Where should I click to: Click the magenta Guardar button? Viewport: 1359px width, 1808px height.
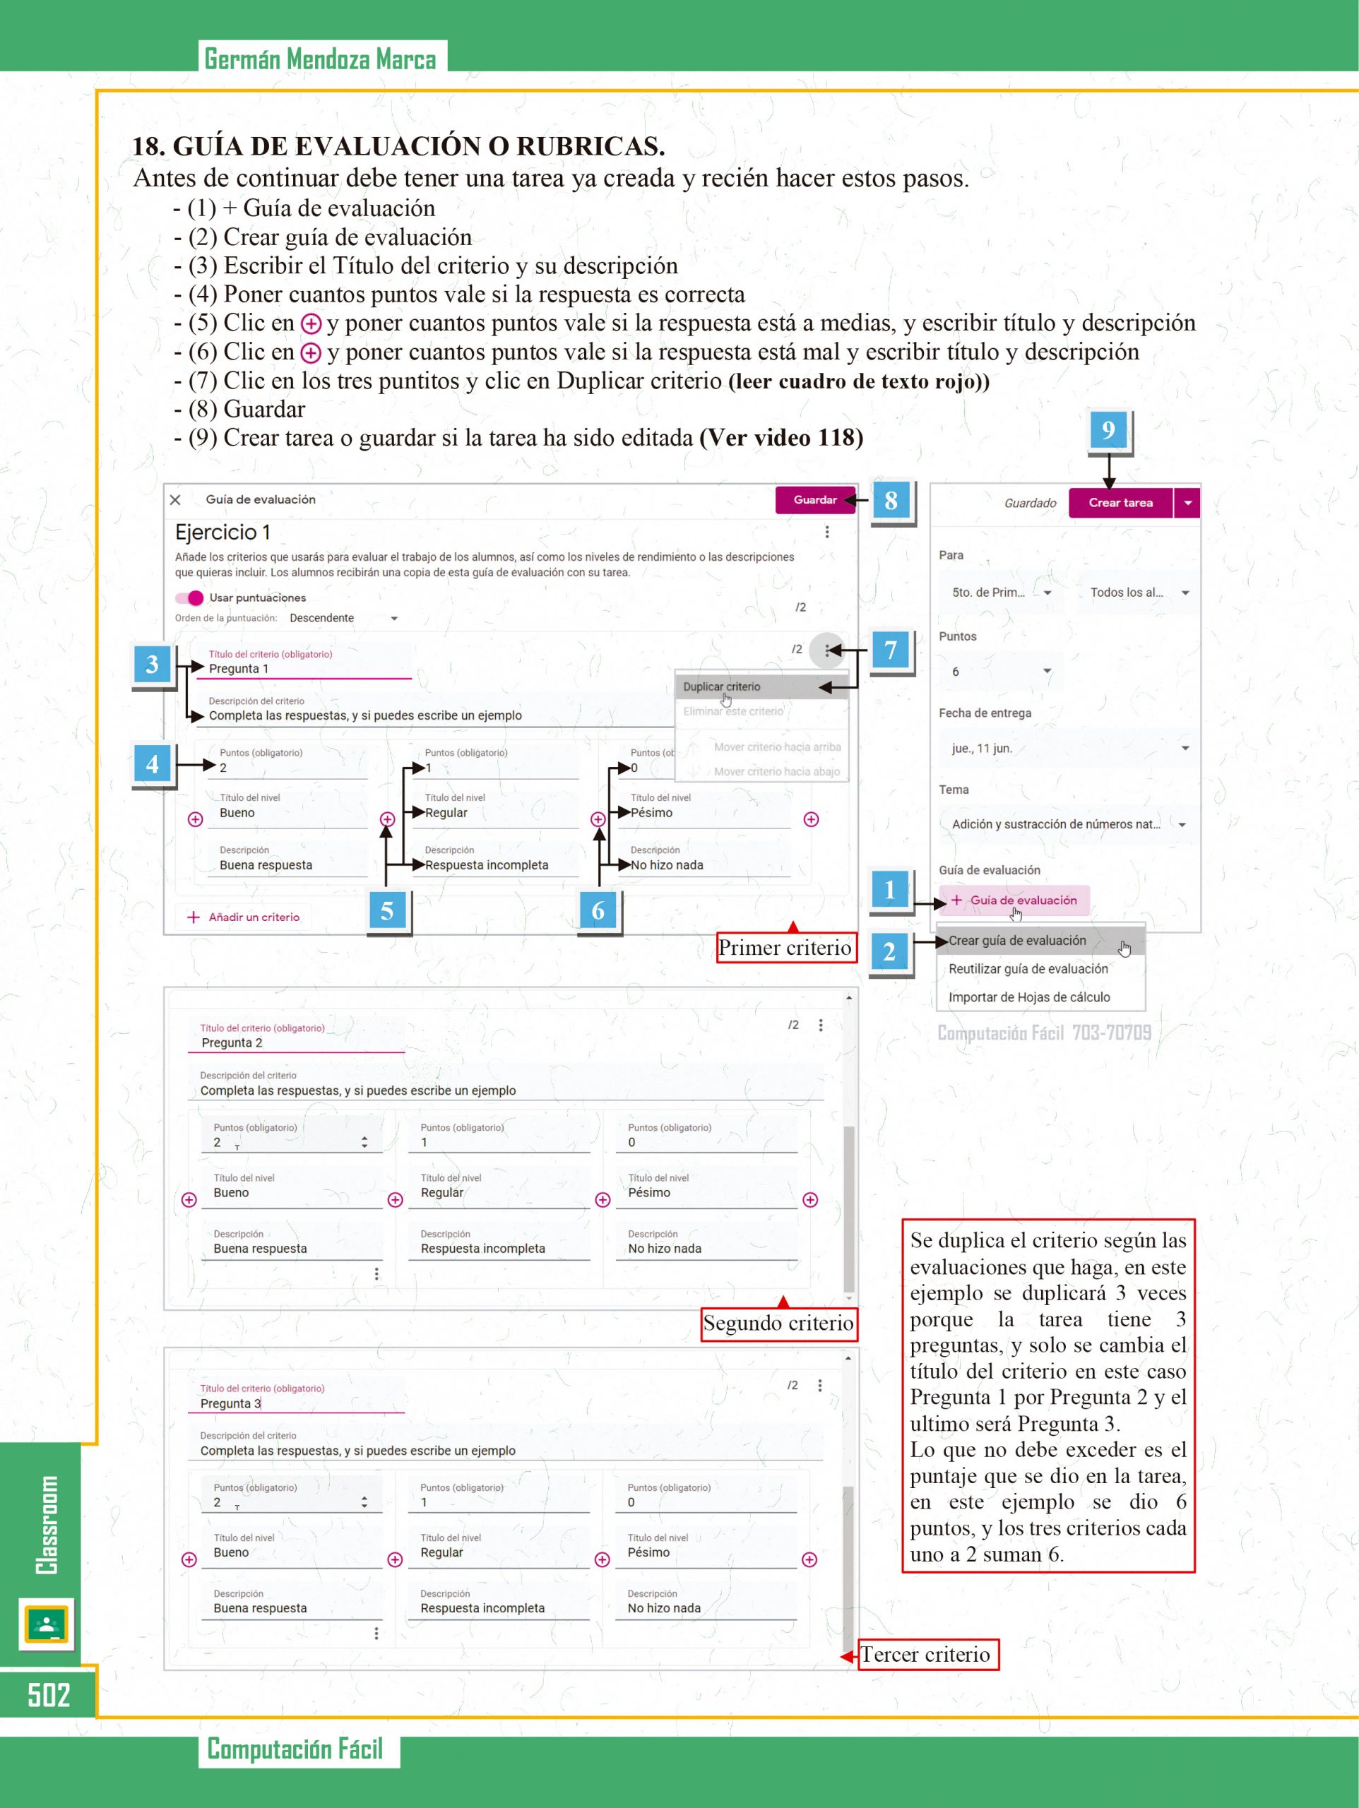pos(814,500)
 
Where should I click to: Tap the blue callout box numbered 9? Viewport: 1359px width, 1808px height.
pos(1108,430)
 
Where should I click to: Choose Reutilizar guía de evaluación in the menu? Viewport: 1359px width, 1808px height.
pos(1028,968)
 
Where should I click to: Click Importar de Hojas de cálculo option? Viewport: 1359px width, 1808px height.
pos(1028,997)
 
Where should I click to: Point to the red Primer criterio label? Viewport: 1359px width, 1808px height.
pos(785,948)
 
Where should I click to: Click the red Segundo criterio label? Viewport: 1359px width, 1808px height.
pos(778,1324)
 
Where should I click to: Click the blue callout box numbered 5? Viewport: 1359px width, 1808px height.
pos(388,910)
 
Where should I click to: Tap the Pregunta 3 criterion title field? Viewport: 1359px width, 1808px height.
pos(295,1403)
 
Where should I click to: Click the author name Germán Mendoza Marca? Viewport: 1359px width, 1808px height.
pos(321,59)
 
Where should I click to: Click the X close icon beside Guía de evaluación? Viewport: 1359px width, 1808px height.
pos(175,500)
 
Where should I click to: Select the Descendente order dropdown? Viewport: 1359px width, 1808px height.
pos(343,618)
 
